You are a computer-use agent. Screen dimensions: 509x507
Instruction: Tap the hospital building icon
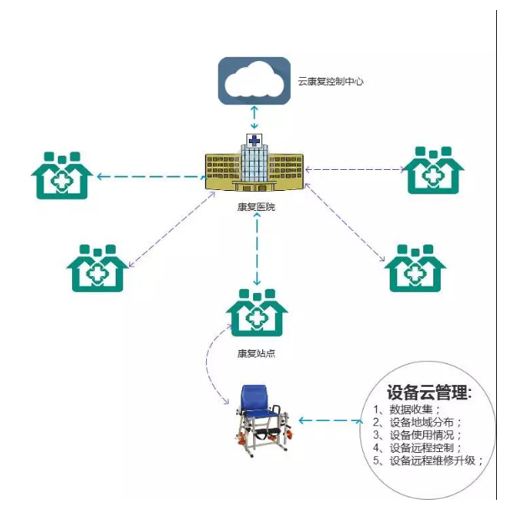click(x=255, y=164)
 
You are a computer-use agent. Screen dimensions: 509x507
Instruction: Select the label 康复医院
click(x=256, y=206)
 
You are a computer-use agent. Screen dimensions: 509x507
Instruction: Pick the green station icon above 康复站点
click(x=256, y=313)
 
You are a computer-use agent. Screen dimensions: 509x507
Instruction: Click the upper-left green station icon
click(x=61, y=174)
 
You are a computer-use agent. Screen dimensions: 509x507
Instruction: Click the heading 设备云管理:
click(x=430, y=393)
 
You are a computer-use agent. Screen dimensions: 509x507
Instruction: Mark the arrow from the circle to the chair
click(x=330, y=420)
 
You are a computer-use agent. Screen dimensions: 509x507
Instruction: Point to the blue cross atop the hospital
click(x=253, y=138)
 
